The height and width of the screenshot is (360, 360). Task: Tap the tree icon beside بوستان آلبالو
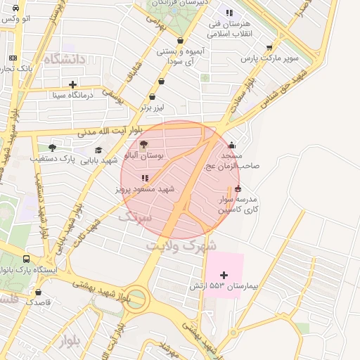click(144, 145)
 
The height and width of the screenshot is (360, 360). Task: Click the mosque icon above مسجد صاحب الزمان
click(232, 146)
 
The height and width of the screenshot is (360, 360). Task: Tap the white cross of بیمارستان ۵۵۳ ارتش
click(224, 274)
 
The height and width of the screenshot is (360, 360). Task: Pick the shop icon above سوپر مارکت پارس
click(269, 48)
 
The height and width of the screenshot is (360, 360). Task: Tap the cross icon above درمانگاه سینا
click(73, 84)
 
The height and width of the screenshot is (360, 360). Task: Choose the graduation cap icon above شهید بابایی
click(98, 149)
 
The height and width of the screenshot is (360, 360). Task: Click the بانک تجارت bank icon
click(13, 58)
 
